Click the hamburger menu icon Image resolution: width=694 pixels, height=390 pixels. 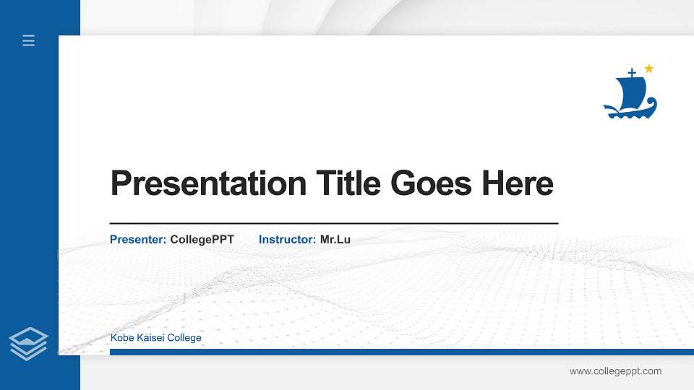click(29, 40)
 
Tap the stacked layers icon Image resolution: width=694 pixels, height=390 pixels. click(28, 343)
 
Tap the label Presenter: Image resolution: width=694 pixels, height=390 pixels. click(138, 239)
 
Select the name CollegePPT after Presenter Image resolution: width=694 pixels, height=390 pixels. click(202, 239)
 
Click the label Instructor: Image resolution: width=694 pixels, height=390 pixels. click(287, 239)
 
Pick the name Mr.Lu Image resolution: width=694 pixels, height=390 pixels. click(335, 239)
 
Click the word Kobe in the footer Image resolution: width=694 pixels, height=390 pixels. click(121, 338)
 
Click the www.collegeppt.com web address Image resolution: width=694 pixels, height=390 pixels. click(615, 371)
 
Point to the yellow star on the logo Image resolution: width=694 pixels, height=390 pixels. click(648, 69)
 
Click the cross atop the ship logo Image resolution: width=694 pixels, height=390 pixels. click(632, 73)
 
